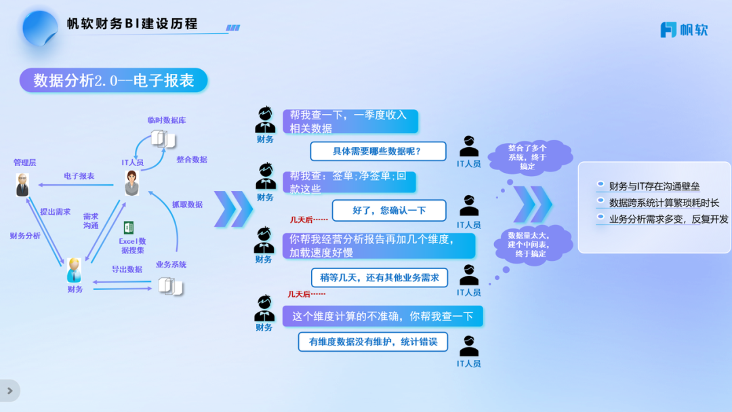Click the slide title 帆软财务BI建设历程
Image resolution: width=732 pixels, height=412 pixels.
[132, 24]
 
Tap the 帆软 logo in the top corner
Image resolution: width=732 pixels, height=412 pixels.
[684, 30]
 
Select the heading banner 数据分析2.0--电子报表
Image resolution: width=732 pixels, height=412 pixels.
[113, 81]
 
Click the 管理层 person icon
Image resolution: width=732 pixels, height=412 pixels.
[22, 185]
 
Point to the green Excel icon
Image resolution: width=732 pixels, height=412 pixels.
[129, 228]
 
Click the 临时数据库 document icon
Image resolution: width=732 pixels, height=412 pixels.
[163, 139]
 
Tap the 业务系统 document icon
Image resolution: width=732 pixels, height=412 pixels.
[170, 286]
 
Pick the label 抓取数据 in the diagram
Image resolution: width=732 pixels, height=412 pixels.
[187, 204]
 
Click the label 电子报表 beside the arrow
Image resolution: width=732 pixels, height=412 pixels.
[79, 176]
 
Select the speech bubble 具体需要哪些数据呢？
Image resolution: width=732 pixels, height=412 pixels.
[378, 151]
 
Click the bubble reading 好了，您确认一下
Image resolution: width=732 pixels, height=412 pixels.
[389, 210]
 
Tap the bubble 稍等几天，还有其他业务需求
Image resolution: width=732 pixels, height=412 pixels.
[380, 277]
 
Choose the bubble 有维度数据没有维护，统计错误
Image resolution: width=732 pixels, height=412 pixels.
[373, 342]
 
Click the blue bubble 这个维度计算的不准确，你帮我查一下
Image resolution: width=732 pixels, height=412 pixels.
[382, 316]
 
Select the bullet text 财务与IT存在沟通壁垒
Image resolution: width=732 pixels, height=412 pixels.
[654, 186]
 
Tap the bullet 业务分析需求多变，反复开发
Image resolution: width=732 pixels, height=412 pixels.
[668, 219]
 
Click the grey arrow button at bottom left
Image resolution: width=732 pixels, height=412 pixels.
[9, 390]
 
